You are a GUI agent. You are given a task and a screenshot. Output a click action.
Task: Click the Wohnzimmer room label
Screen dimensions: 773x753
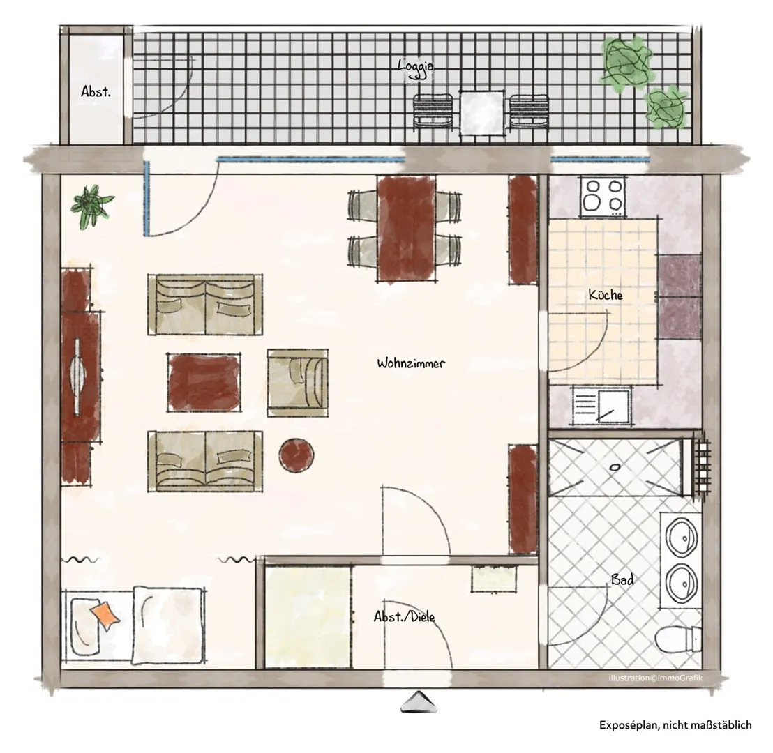[411, 364]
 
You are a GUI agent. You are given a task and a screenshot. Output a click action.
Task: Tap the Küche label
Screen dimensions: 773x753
[606, 295]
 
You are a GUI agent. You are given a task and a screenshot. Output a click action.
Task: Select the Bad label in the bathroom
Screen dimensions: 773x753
[622, 579]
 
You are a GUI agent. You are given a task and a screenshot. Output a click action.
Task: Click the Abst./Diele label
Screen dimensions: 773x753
[404, 616]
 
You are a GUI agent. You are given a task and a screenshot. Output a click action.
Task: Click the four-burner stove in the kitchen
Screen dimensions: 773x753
[603, 196]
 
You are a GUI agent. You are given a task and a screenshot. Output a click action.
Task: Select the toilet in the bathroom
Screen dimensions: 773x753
[679, 639]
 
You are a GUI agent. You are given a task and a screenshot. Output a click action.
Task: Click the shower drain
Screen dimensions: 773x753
[615, 466]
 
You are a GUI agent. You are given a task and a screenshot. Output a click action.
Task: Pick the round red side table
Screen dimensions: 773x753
[297, 455]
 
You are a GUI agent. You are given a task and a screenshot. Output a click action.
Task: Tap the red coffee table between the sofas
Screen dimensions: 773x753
[204, 382]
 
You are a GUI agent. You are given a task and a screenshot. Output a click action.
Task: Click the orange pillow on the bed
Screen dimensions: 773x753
[105, 616]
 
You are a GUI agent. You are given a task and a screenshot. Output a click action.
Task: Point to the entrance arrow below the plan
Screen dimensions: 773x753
[419, 701]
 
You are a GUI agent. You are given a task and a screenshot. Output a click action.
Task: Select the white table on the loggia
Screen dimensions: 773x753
[481, 113]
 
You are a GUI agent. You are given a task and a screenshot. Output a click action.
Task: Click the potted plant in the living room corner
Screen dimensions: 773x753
[91, 206]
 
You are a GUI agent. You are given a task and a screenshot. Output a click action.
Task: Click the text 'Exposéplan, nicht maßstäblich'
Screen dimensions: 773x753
[675, 725]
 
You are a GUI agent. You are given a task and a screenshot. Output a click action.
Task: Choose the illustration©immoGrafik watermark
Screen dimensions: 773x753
[655, 678]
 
